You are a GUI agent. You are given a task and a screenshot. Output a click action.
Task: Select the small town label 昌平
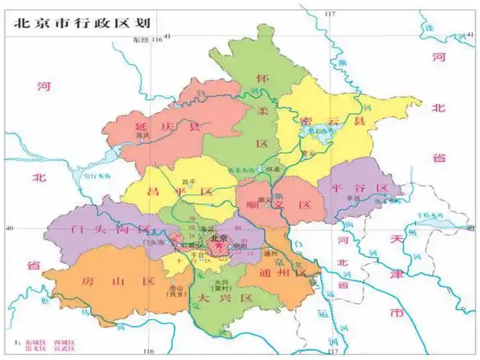189,181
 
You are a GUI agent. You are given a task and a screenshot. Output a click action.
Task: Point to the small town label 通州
271,253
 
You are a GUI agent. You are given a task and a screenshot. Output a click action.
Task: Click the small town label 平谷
353,197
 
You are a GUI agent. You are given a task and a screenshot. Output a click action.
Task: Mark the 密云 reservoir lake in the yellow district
317,132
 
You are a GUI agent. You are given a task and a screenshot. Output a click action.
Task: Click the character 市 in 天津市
395,314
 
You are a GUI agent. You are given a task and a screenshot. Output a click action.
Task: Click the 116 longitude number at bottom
148,351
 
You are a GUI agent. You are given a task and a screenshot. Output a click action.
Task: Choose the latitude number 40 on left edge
9,228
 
